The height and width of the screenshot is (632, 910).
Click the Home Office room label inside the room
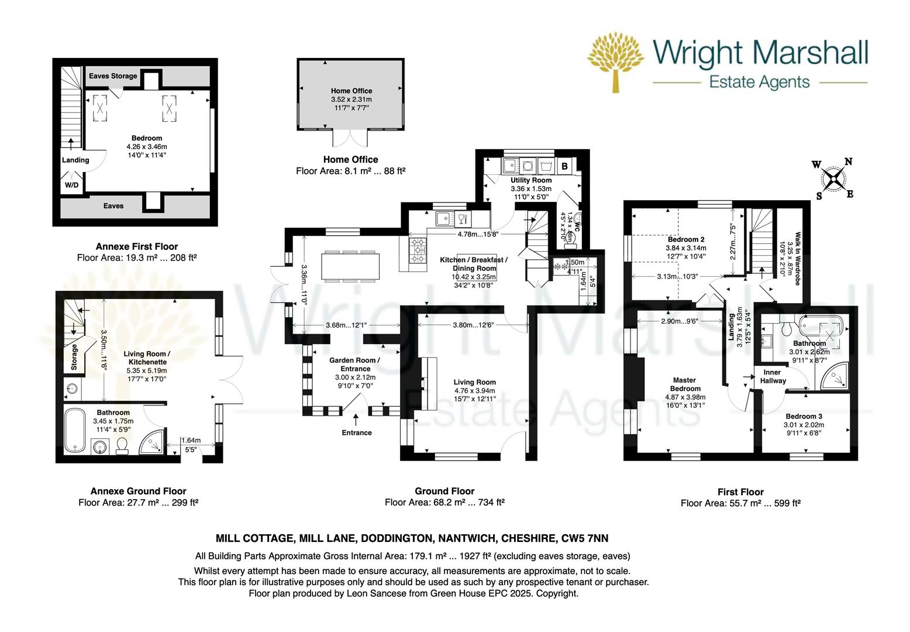point(351,91)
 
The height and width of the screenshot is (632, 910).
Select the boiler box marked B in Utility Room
point(564,166)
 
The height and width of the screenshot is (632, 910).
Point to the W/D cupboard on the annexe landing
point(71,185)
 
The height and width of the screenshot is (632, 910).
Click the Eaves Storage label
point(113,76)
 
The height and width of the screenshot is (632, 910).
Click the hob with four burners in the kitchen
point(418,250)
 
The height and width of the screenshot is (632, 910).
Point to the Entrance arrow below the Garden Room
point(356,419)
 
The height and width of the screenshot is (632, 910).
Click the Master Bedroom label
point(685,384)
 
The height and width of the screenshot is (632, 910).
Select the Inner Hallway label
point(773,376)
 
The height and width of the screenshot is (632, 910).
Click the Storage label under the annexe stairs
point(74,357)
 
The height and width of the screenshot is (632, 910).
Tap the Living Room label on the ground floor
point(474,382)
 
